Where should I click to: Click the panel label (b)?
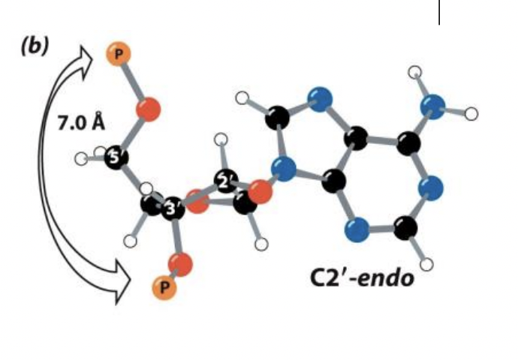pyautogui.click(x=35, y=46)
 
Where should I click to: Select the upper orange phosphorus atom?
pyautogui.click(x=119, y=54)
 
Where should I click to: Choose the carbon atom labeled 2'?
pyautogui.click(x=224, y=181)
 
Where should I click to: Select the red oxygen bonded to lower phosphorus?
pyautogui.click(x=180, y=263)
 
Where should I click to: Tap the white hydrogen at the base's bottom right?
pyautogui.click(x=428, y=263)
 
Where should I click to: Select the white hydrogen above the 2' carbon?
pyautogui.click(x=221, y=139)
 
